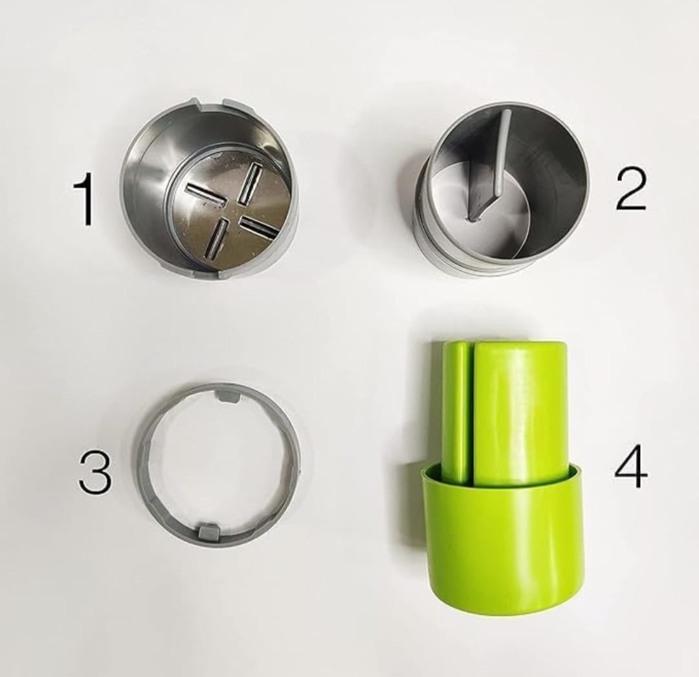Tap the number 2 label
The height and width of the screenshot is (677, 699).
tap(630, 188)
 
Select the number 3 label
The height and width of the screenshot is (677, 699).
tap(95, 471)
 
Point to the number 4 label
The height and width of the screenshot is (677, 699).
tap(631, 466)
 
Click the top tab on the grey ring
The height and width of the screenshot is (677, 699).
tap(228, 396)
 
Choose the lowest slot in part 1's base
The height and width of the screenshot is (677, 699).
tap(216, 238)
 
